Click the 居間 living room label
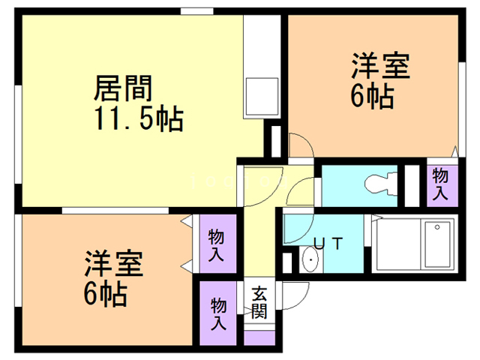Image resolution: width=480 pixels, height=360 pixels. click(x=123, y=89)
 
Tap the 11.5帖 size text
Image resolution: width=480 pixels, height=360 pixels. click(x=139, y=119)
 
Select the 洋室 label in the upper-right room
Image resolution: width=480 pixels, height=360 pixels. click(x=382, y=67)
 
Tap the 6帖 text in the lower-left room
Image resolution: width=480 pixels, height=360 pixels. click(x=104, y=292)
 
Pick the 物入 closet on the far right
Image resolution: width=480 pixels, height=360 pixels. click(x=440, y=184)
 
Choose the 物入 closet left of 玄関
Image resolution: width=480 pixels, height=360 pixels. click(x=219, y=313)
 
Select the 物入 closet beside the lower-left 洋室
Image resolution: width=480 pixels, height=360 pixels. click(x=217, y=244)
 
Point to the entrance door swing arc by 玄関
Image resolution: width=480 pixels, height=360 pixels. click(x=295, y=295)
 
